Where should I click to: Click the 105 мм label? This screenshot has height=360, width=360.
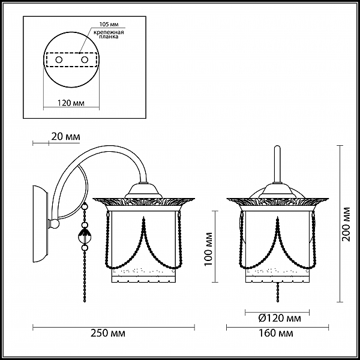coord(109,25)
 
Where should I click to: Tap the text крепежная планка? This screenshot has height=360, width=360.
coord(109,34)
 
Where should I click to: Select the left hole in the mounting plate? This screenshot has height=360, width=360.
coord(59,60)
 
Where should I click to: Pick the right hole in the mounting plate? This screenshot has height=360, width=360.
coord(85,60)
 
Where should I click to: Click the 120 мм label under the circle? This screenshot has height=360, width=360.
coord(71,103)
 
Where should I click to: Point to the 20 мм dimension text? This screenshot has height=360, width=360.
coord(65,137)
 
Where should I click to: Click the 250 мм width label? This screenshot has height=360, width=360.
coord(108,333)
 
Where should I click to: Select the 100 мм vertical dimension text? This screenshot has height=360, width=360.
coord(209,249)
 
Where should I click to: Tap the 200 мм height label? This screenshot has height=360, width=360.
coord(346,224)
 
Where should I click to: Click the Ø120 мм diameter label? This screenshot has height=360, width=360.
coord(280,318)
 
